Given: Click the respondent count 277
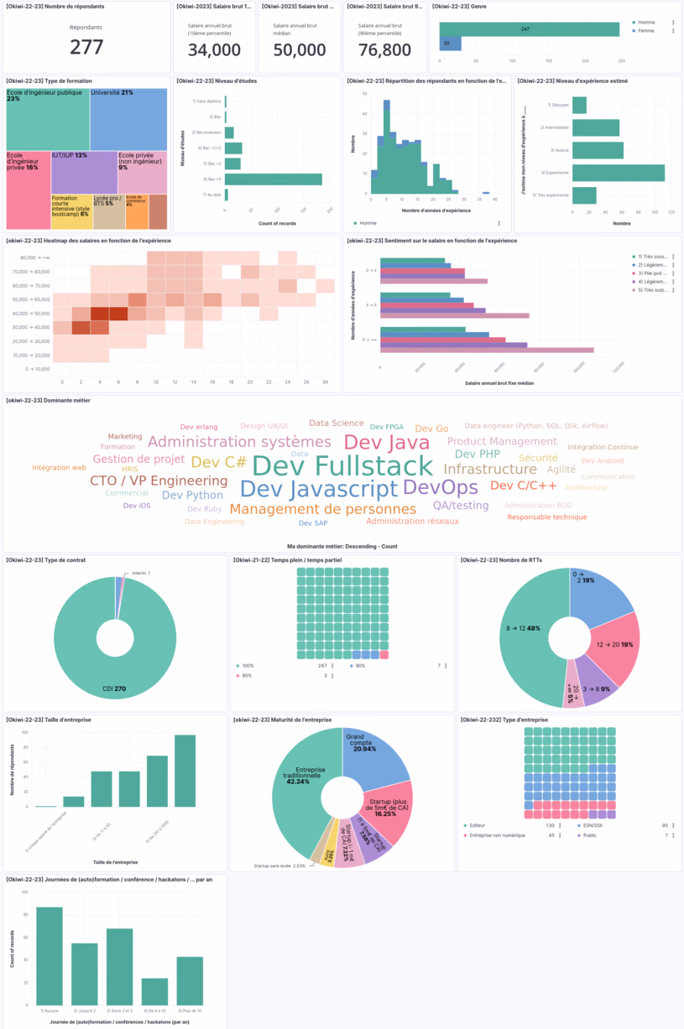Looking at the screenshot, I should (x=86, y=48).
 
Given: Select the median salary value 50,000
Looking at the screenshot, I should (x=300, y=50).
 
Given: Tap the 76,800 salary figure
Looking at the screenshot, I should (x=384, y=50).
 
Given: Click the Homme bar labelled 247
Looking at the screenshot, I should (x=529, y=29).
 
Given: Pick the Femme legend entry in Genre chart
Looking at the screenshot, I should (x=646, y=30).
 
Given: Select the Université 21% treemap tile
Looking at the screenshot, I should (x=128, y=117).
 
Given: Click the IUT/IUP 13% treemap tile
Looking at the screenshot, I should (x=84, y=172).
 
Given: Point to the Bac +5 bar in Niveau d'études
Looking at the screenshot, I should (x=274, y=179).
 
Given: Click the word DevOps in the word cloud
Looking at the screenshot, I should (x=441, y=487).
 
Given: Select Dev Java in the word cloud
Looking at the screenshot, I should (x=387, y=443).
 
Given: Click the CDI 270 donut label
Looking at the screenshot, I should (x=115, y=689).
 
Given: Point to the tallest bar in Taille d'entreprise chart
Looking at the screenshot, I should (x=185, y=771).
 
